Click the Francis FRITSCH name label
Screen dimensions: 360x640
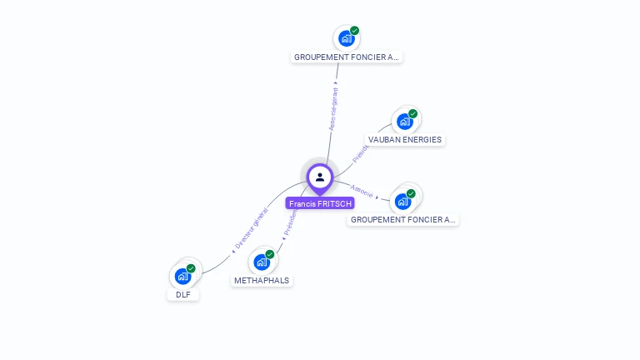click(x=320, y=203)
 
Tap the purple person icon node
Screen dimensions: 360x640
click(x=320, y=177)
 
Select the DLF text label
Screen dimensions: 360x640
click(x=183, y=294)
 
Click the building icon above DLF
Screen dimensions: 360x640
click(x=182, y=276)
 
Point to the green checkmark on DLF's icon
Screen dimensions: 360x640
click(x=191, y=268)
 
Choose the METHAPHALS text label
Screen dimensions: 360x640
click(x=262, y=281)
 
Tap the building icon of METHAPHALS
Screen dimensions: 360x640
click(x=262, y=262)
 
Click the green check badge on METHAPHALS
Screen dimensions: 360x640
click(x=270, y=254)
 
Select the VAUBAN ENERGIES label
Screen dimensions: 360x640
click(x=405, y=140)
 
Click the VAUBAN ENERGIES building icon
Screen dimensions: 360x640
click(x=405, y=122)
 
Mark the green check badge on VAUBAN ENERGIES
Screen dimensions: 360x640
click(x=412, y=114)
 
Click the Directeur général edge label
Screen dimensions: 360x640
click(x=250, y=230)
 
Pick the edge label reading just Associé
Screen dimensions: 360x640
click(x=362, y=191)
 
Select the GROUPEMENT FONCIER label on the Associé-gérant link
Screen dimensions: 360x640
click(x=347, y=57)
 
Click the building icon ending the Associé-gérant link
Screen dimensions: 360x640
click(x=347, y=38)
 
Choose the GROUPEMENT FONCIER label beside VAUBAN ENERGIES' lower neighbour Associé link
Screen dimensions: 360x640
click(x=403, y=220)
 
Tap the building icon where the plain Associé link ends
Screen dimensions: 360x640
click(x=403, y=201)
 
